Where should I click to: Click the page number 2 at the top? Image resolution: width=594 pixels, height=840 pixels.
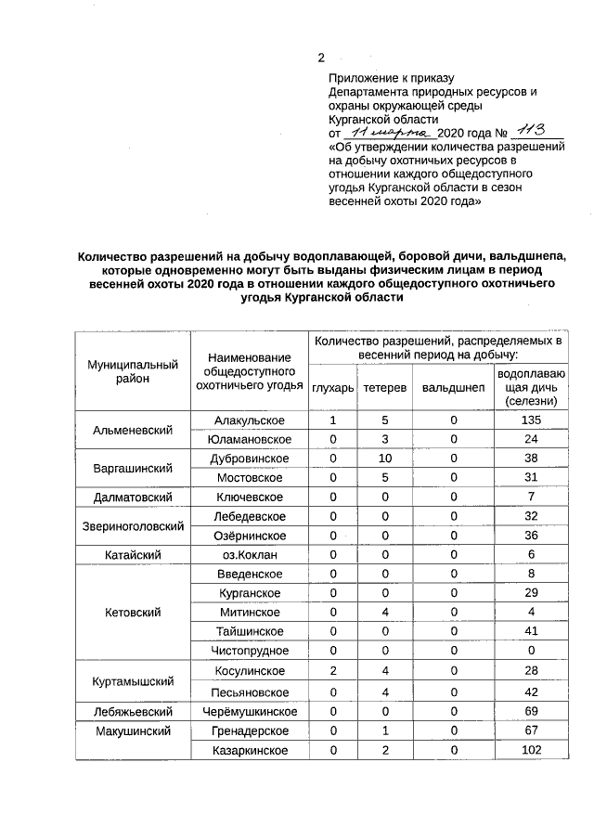tap(321, 58)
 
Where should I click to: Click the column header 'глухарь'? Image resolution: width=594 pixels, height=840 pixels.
tap(332, 387)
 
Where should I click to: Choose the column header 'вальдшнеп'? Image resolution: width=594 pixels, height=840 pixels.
tap(453, 387)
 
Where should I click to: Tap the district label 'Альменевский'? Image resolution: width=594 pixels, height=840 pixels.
tap(133, 430)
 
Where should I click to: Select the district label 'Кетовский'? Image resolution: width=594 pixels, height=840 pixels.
tap(133, 613)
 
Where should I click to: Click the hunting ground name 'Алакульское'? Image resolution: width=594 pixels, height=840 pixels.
tap(249, 420)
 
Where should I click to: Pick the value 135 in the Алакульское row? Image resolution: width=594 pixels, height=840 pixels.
tap(531, 420)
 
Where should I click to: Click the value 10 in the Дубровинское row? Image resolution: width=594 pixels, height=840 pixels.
tap(383, 459)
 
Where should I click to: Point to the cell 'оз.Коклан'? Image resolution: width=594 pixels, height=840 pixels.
tap(249, 554)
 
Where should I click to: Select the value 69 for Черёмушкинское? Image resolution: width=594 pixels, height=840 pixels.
tap(531, 711)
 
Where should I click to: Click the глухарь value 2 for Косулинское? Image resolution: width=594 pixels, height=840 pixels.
tap(332, 671)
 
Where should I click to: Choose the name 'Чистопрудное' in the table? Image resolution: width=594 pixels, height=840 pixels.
tap(249, 651)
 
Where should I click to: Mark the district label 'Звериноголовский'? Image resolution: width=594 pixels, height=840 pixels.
tap(133, 526)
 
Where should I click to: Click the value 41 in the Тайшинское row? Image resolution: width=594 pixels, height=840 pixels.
tap(531, 631)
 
